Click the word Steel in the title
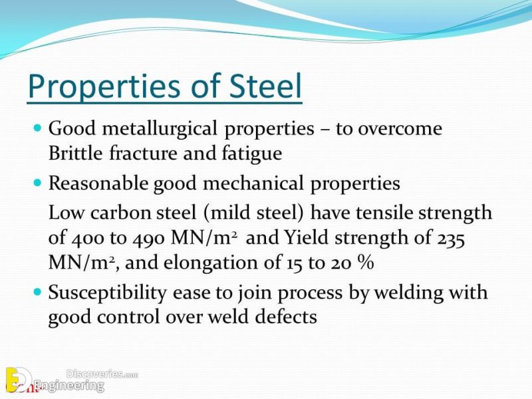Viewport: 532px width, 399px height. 262,87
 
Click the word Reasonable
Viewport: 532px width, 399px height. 99,184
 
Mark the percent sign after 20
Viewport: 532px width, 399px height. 364,263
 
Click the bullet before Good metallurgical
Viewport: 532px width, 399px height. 37,126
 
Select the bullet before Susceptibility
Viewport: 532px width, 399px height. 37,291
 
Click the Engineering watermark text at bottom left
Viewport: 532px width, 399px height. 69,385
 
